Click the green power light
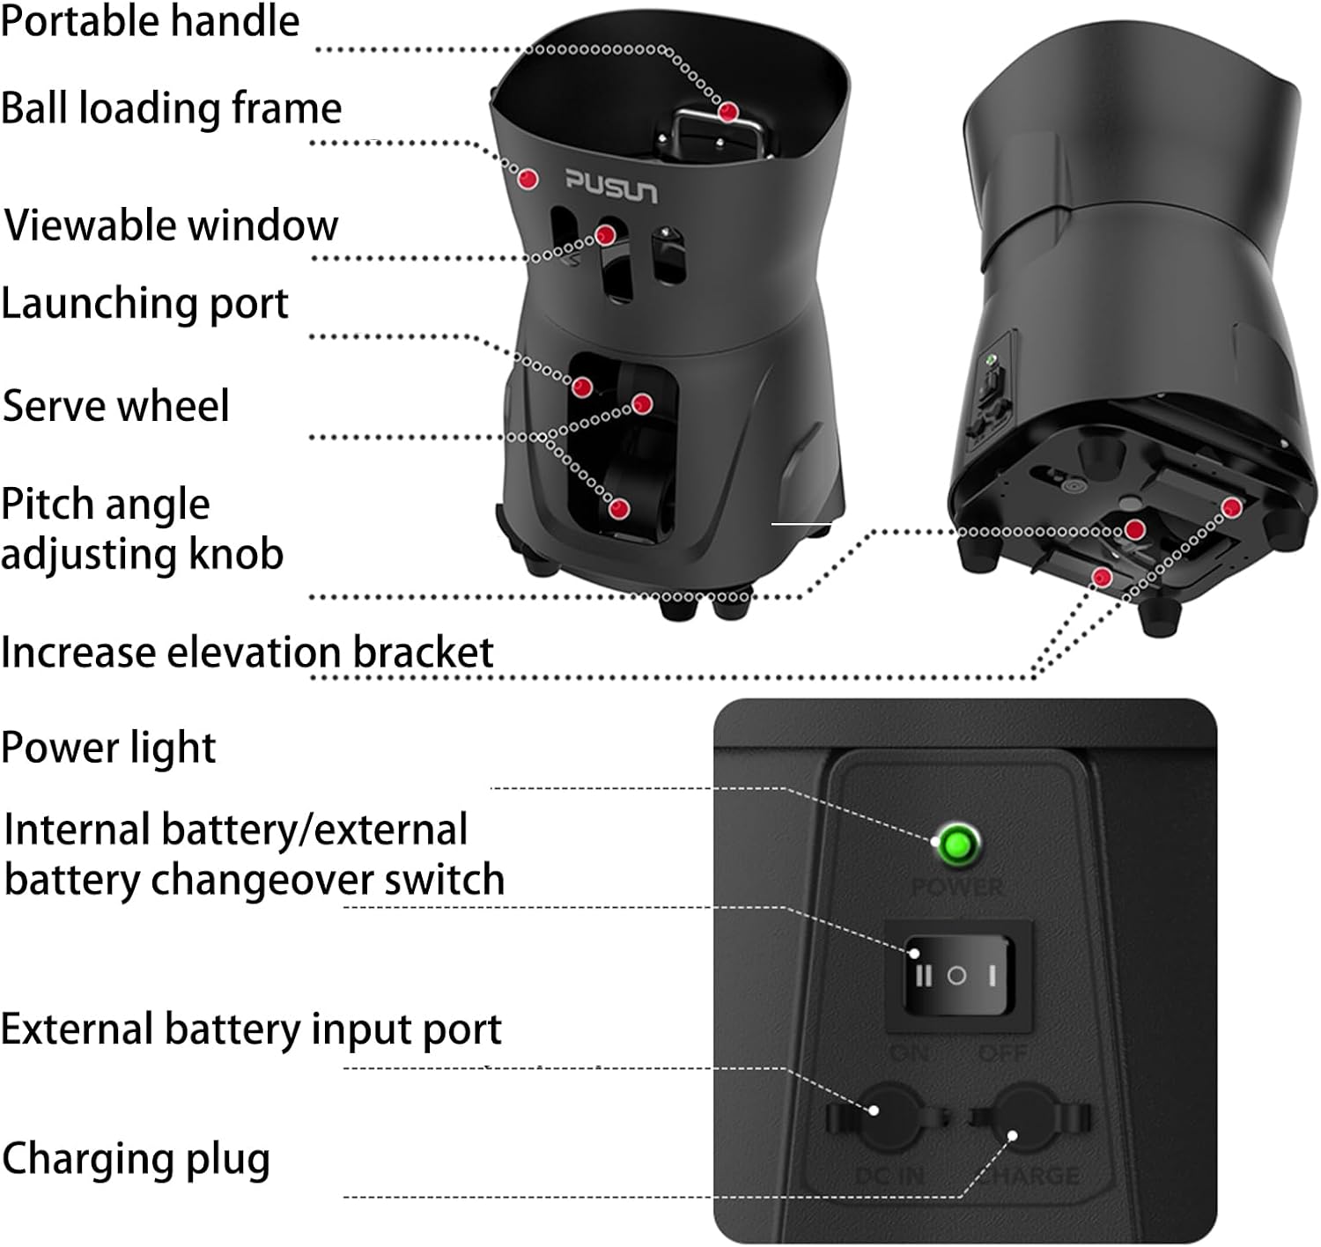pyautogui.click(x=957, y=845)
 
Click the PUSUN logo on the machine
pyautogui.click(x=611, y=186)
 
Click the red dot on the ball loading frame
pyautogui.click(x=528, y=179)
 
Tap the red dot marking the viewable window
pyautogui.click(x=605, y=235)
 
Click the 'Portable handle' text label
pyautogui.click(x=150, y=21)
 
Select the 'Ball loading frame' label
pyautogui.click(x=171, y=108)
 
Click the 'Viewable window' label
pyautogui.click(x=172, y=225)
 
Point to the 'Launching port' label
pyautogui.click(x=144, y=304)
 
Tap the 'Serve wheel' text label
pyautogui.click(x=115, y=406)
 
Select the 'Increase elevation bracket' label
pyautogui.click(x=247, y=653)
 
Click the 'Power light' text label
pyautogui.click(x=108, y=748)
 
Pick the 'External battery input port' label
pyautogui.click(x=251, y=1029)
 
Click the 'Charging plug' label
pyautogui.click(x=136, y=1159)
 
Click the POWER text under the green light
pyautogui.click(x=957, y=887)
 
